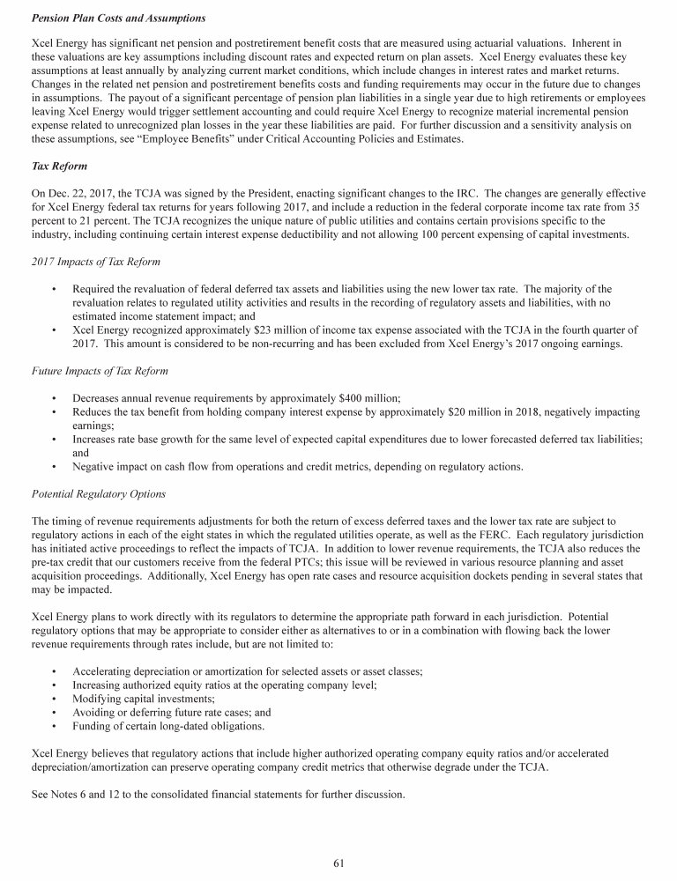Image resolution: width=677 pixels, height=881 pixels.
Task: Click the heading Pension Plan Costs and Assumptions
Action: (119, 18)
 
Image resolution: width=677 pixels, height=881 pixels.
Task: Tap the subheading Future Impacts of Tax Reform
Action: (99, 371)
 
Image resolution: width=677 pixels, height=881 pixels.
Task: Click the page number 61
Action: (338, 862)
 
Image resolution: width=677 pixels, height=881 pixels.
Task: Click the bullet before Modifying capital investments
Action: (55, 699)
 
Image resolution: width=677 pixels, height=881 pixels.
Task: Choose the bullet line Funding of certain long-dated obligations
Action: (168, 727)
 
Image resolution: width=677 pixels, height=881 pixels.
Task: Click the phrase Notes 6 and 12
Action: (82, 795)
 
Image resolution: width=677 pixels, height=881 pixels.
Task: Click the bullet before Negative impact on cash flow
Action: (55, 467)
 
